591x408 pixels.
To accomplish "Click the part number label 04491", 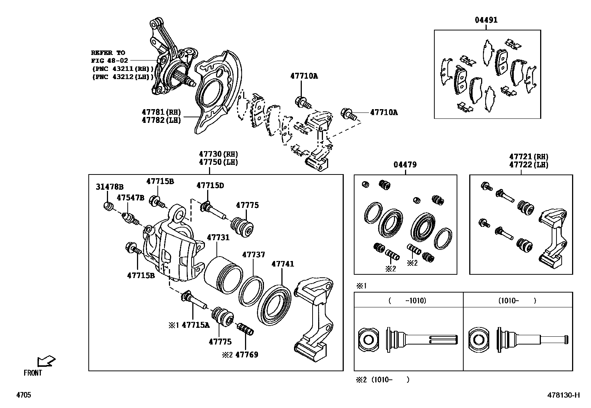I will click(x=486, y=20).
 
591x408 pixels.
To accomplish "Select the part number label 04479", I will click(x=405, y=164).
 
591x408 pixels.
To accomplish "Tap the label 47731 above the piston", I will click(x=218, y=238).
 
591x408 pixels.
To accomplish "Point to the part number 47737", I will click(x=254, y=255).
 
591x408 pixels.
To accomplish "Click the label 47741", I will click(x=283, y=264).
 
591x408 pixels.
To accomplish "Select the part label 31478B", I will click(x=110, y=187).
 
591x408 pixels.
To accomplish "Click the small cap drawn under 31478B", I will click(x=108, y=206).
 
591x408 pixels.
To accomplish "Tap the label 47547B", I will click(x=130, y=198).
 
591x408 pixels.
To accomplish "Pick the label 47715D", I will click(x=210, y=185).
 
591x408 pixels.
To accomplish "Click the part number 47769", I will click(x=246, y=355).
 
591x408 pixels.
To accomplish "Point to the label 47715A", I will click(x=195, y=325).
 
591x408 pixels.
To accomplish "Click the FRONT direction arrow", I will click(x=46, y=361).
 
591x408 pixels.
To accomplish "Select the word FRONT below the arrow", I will click(x=33, y=373).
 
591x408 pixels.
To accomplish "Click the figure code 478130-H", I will click(x=563, y=395).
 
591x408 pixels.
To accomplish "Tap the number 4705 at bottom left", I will click(x=23, y=395).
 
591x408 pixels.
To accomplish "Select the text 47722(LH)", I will click(x=529, y=165).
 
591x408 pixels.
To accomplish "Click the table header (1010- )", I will click(x=517, y=301).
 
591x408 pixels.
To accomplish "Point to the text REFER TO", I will click(x=108, y=53).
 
